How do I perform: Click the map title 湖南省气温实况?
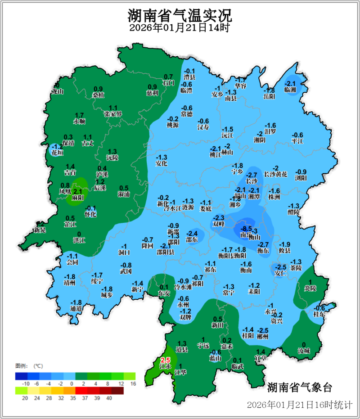coord(180,16)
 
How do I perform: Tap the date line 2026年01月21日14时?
coord(180,28)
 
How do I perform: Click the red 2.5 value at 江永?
coord(165,360)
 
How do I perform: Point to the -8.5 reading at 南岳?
coord(246,229)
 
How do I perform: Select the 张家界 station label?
coord(113,114)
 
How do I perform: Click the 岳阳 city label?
coord(269,96)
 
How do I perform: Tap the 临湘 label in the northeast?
coord(291,90)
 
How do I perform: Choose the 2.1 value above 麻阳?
coord(77,191)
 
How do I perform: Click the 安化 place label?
coord(161,164)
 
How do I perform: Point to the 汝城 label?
coord(304,351)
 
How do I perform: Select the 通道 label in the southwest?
coord(76,308)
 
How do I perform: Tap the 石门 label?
coord(168,83)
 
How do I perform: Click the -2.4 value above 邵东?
coord(192,233)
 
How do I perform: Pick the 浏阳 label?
coord(301,178)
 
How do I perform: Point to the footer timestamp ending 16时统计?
coord(299,405)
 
